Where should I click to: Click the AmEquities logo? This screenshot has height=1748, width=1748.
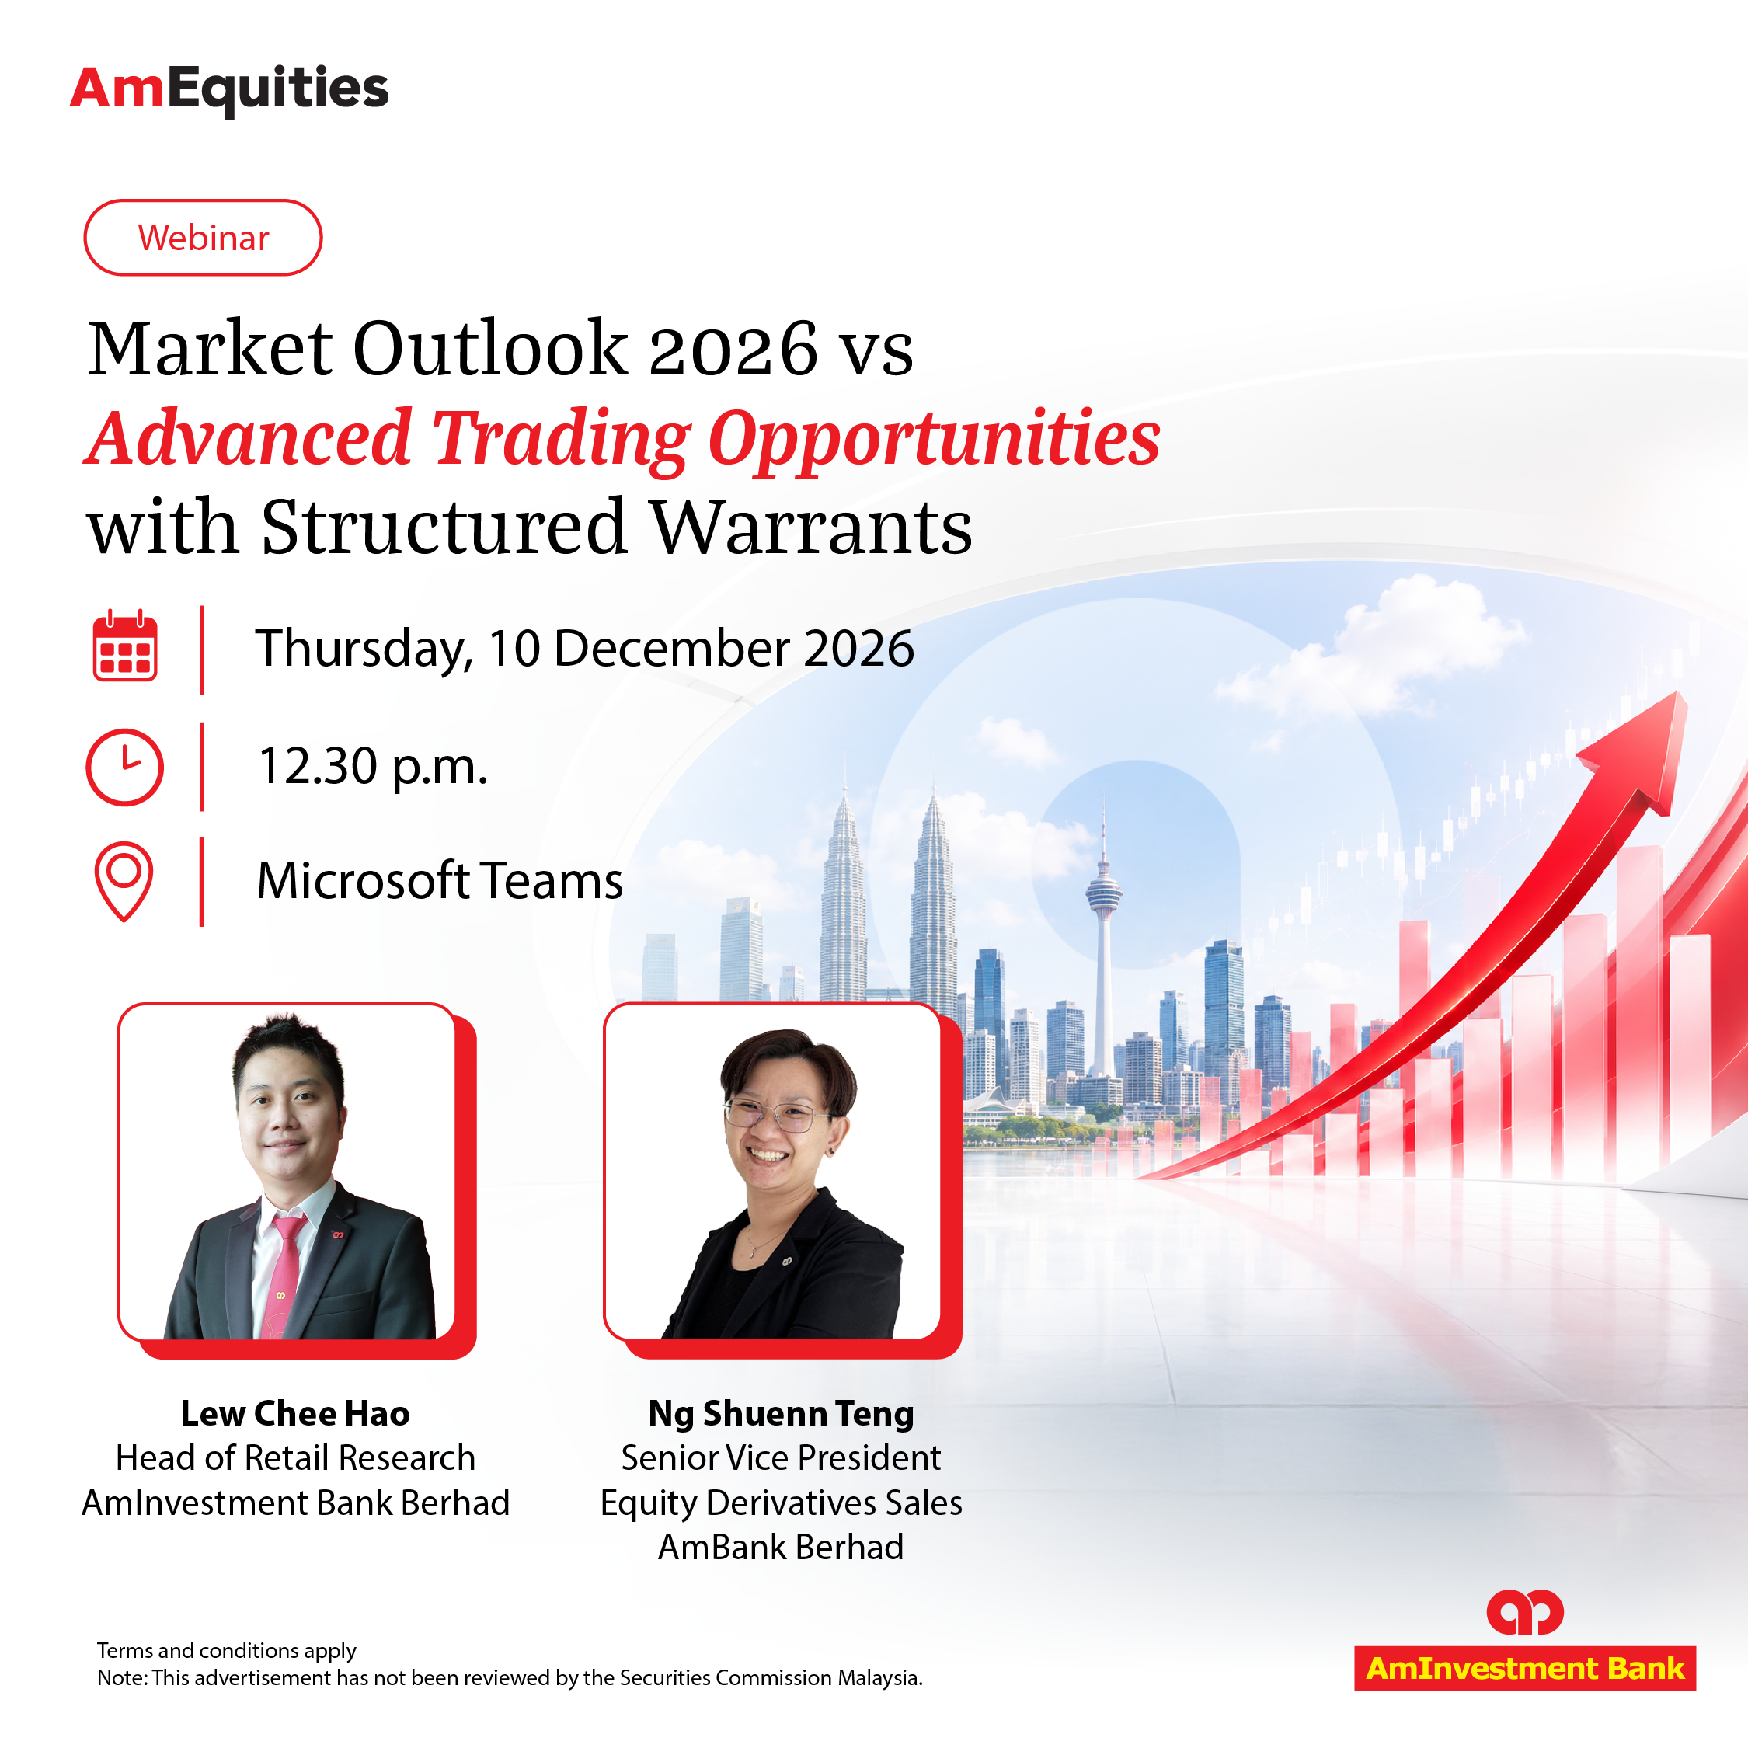point(229,90)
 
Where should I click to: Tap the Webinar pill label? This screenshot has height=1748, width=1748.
point(203,238)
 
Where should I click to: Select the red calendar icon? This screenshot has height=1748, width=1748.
point(125,646)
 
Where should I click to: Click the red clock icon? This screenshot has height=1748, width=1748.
point(125,768)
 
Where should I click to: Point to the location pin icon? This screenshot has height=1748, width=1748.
point(124,881)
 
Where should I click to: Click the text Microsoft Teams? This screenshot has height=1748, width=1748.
point(440,881)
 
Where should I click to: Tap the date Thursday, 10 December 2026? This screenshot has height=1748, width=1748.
point(584,649)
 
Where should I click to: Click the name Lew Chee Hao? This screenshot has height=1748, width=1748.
point(295,1413)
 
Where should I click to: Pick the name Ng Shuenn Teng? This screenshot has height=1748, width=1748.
point(781,1414)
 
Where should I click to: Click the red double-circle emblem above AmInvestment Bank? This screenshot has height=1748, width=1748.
point(1526,1612)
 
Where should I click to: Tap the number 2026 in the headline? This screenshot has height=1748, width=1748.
point(733,350)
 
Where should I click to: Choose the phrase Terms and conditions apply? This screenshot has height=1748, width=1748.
point(226,1651)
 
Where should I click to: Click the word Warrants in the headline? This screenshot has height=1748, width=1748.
point(812,527)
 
